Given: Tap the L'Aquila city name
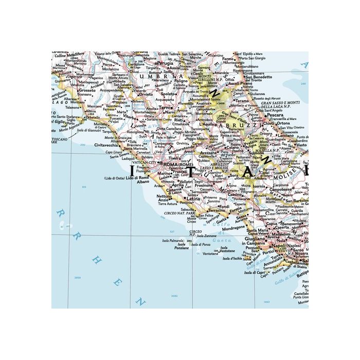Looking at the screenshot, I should (x=207, y=124).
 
